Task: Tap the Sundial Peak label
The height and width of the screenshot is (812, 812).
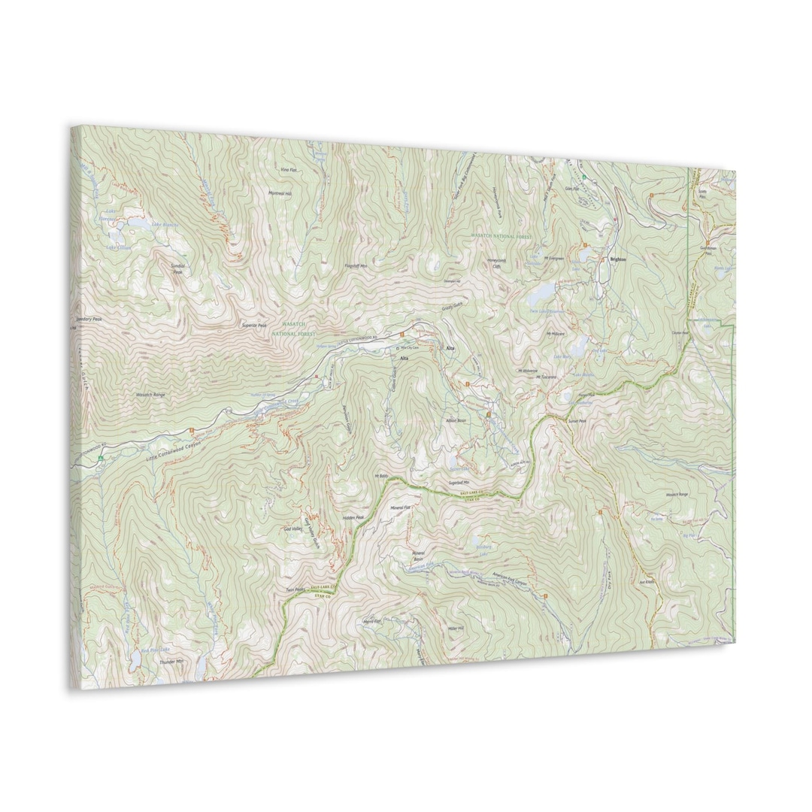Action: pos(177,269)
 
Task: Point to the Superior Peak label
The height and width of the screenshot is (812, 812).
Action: pos(254,325)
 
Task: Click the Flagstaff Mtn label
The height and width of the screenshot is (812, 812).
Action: pos(356,265)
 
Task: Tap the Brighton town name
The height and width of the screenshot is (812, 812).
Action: pos(617,259)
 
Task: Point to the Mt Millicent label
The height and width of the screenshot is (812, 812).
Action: pos(556,333)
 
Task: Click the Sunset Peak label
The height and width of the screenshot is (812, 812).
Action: pos(577,423)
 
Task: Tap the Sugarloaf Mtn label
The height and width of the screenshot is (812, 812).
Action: pos(459,483)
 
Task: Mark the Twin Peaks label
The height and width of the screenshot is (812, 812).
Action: pos(295,589)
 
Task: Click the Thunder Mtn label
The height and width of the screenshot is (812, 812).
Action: pos(171,662)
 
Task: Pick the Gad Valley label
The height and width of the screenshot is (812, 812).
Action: pos(294,529)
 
